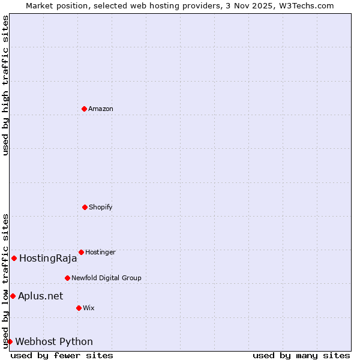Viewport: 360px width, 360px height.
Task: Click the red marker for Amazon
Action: pyautogui.click(x=84, y=109)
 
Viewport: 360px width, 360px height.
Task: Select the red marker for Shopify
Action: pyautogui.click(x=85, y=207)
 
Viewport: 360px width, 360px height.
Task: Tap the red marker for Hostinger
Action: pyautogui.click(x=81, y=252)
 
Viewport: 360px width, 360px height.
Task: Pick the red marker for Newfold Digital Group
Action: pyautogui.click(x=67, y=278)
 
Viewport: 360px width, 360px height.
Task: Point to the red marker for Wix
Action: pyautogui.click(x=79, y=308)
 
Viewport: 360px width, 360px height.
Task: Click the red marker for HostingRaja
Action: pyautogui.click(x=14, y=258)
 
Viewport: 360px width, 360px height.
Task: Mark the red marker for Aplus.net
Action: pyautogui.click(x=13, y=296)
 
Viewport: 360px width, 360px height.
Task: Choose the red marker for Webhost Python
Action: pyautogui.click(x=10, y=341)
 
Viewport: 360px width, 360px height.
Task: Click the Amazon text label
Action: pyautogui.click(x=101, y=109)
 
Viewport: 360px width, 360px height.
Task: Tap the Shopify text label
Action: pyautogui.click(x=101, y=207)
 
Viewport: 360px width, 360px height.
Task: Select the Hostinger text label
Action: pyautogui.click(x=100, y=252)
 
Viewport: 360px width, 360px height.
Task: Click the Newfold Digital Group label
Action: pyautogui.click(x=106, y=278)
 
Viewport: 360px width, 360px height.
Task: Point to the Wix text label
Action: pyautogui.click(x=89, y=308)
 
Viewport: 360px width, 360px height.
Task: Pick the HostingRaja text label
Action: pyautogui.click(x=48, y=259)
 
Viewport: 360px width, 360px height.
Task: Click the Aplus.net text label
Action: pyautogui.click(x=40, y=296)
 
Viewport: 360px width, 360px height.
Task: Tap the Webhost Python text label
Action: pyautogui.click(x=54, y=342)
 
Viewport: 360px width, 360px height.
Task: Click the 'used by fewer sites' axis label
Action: pyautogui.click(x=62, y=355)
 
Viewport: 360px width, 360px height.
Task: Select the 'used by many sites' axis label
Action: pyautogui.click(x=301, y=355)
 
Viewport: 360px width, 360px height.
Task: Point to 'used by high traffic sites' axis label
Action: pyautogui.click(x=6, y=85)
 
